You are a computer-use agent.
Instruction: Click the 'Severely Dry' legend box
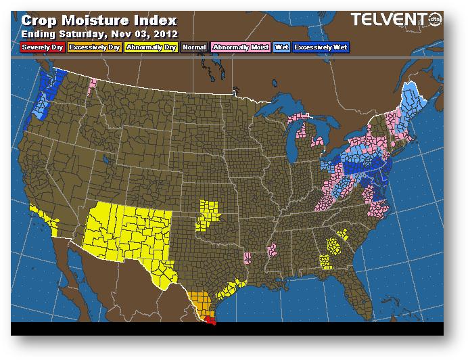[42, 47]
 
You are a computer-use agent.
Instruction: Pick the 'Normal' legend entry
[194, 47]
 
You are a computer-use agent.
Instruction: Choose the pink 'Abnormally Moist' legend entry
[239, 47]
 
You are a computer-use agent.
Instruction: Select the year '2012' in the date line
[166, 33]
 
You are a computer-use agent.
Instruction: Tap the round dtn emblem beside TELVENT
[437, 19]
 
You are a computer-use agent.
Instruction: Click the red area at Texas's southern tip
[212, 322]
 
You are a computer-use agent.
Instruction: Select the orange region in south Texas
[200, 303]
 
